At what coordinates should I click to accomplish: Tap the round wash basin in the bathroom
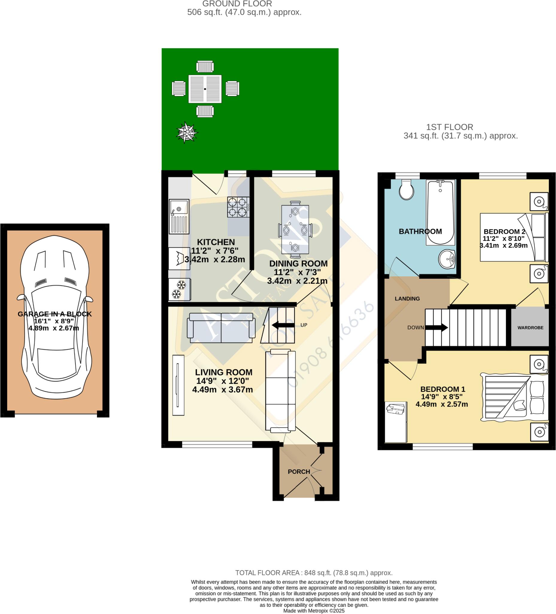[x=447, y=259]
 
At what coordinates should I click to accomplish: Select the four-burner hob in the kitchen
[x=238, y=207]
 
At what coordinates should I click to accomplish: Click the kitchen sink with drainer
[x=179, y=216]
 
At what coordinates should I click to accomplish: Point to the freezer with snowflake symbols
[x=179, y=289]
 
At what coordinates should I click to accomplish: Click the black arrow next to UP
[x=283, y=325]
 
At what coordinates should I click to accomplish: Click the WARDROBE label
[x=531, y=328]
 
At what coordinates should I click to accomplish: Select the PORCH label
[x=299, y=472]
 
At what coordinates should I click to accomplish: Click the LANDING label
[x=407, y=299]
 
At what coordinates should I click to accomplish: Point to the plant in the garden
[x=187, y=132]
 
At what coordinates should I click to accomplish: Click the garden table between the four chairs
[x=205, y=89]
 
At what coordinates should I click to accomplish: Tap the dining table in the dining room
[x=295, y=229]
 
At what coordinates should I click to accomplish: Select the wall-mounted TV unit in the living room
[x=178, y=385]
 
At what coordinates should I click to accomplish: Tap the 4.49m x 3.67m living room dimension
[x=222, y=389]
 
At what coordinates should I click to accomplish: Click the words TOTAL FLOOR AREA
[x=268, y=573]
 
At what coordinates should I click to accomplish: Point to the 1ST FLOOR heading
[x=449, y=127]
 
